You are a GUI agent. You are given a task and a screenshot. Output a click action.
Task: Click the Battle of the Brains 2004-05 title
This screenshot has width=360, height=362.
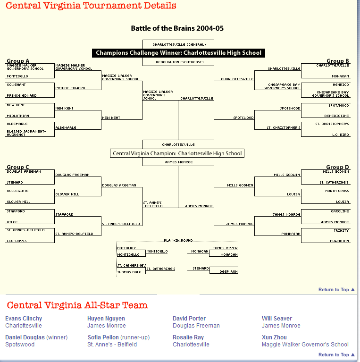click(x=177, y=28)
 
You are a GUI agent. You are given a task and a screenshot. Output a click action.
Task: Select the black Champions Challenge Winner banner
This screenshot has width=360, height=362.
click(x=178, y=53)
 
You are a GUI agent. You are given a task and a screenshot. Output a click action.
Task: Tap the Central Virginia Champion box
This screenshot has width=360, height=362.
click(x=177, y=153)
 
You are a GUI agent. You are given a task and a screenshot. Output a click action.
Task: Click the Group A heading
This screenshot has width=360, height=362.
click(x=18, y=61)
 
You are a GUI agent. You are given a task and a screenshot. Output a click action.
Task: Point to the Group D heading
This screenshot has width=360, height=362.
click(x=337, y=167)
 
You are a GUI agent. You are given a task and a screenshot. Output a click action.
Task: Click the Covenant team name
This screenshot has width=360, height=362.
click(x=17, y=85)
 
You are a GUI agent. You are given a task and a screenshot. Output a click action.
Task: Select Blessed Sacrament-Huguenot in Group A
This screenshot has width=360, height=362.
click(x=26, y=133)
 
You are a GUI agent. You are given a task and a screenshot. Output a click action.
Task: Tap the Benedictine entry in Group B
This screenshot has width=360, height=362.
click(x=336, y=115)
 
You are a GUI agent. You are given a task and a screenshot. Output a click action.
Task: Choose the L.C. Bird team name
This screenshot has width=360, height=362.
click(x=340, y=135)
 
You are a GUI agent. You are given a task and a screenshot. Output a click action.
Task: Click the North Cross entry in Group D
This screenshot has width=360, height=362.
click(x=337, y=191)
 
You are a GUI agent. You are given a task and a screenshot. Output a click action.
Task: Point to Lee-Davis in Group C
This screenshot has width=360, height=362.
click(x=17, y=241)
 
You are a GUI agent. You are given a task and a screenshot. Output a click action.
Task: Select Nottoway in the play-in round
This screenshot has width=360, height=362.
click(x=126, y=248)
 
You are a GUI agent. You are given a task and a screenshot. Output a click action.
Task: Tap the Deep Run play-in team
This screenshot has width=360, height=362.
click(x=228, y=272)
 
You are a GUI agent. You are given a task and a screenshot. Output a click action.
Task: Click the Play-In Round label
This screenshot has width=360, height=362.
click(x=178, y=240)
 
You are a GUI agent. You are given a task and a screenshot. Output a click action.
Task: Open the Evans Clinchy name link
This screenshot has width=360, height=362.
click(x=24, y=319)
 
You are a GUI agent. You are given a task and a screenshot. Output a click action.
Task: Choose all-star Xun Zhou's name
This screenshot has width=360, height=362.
click(x=274, y=337)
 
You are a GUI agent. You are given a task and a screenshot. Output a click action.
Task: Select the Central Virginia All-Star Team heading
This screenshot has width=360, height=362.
click(x=77, y=305)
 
